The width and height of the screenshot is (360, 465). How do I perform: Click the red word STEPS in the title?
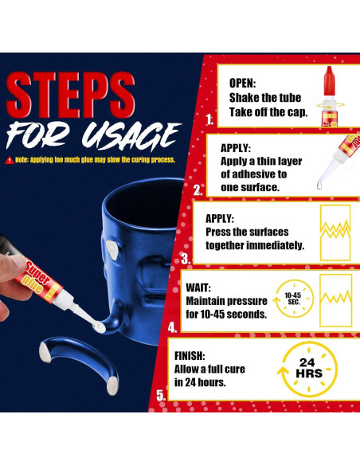70,96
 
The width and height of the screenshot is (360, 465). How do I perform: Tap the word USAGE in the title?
131,135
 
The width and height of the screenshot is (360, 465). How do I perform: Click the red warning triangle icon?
10,160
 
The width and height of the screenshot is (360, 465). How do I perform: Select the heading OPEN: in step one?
242,83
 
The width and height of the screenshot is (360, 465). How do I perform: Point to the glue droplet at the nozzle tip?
319,186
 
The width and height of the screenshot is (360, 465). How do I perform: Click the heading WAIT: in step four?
198,287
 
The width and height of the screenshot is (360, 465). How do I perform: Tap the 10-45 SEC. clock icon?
294,298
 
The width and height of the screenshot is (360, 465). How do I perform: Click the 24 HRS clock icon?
307,369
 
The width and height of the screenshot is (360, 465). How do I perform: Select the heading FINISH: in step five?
190,356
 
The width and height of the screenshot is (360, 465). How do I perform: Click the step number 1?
209,119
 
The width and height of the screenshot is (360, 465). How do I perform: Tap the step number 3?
186,259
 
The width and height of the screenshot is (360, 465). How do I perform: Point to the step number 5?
161,396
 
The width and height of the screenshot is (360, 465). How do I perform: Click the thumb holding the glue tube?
13,268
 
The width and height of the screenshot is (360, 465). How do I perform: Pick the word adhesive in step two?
254,174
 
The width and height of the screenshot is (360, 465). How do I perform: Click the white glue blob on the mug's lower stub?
100,328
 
